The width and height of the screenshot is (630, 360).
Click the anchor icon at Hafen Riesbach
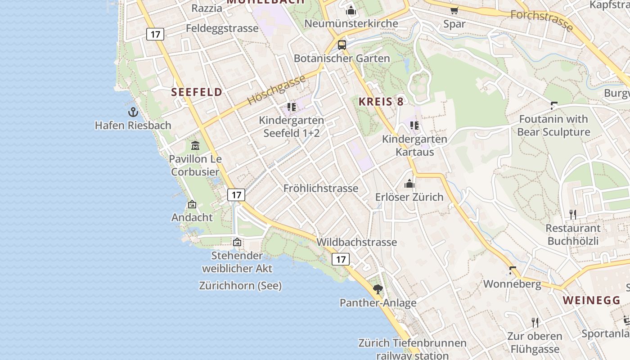tap(133, 112)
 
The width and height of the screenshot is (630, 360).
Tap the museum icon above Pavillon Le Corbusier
tap(195, 145)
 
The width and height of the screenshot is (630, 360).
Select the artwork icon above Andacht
tap(192, 204)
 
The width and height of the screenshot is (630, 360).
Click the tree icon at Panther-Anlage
tap(378, 289)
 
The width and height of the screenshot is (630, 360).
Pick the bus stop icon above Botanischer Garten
tap(342, 45)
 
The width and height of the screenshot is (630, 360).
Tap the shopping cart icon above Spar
tap(454, 10)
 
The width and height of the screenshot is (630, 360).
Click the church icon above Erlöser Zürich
tap(409, 184)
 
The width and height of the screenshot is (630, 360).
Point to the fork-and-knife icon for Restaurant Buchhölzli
tap(573, 214)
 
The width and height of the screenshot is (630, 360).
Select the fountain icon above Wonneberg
tap(512, 270)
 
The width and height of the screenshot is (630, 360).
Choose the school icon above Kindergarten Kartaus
tap(414, 126)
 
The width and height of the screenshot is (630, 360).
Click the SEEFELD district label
tap(197, 92)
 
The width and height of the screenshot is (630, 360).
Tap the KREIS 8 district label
tap(381, 102)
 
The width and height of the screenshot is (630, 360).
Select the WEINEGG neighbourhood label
tap(591, 300)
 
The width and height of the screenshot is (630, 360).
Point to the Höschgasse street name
tap(276, 90)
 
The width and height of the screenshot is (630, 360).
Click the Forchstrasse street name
tap(542, 20)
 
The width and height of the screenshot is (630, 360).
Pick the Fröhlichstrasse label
tap(321, 188)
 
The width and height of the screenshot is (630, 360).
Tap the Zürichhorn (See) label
tap(240, 285)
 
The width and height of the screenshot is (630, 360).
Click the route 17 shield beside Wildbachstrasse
tap(341, 259)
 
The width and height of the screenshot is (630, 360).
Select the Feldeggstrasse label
tap(222, 28)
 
